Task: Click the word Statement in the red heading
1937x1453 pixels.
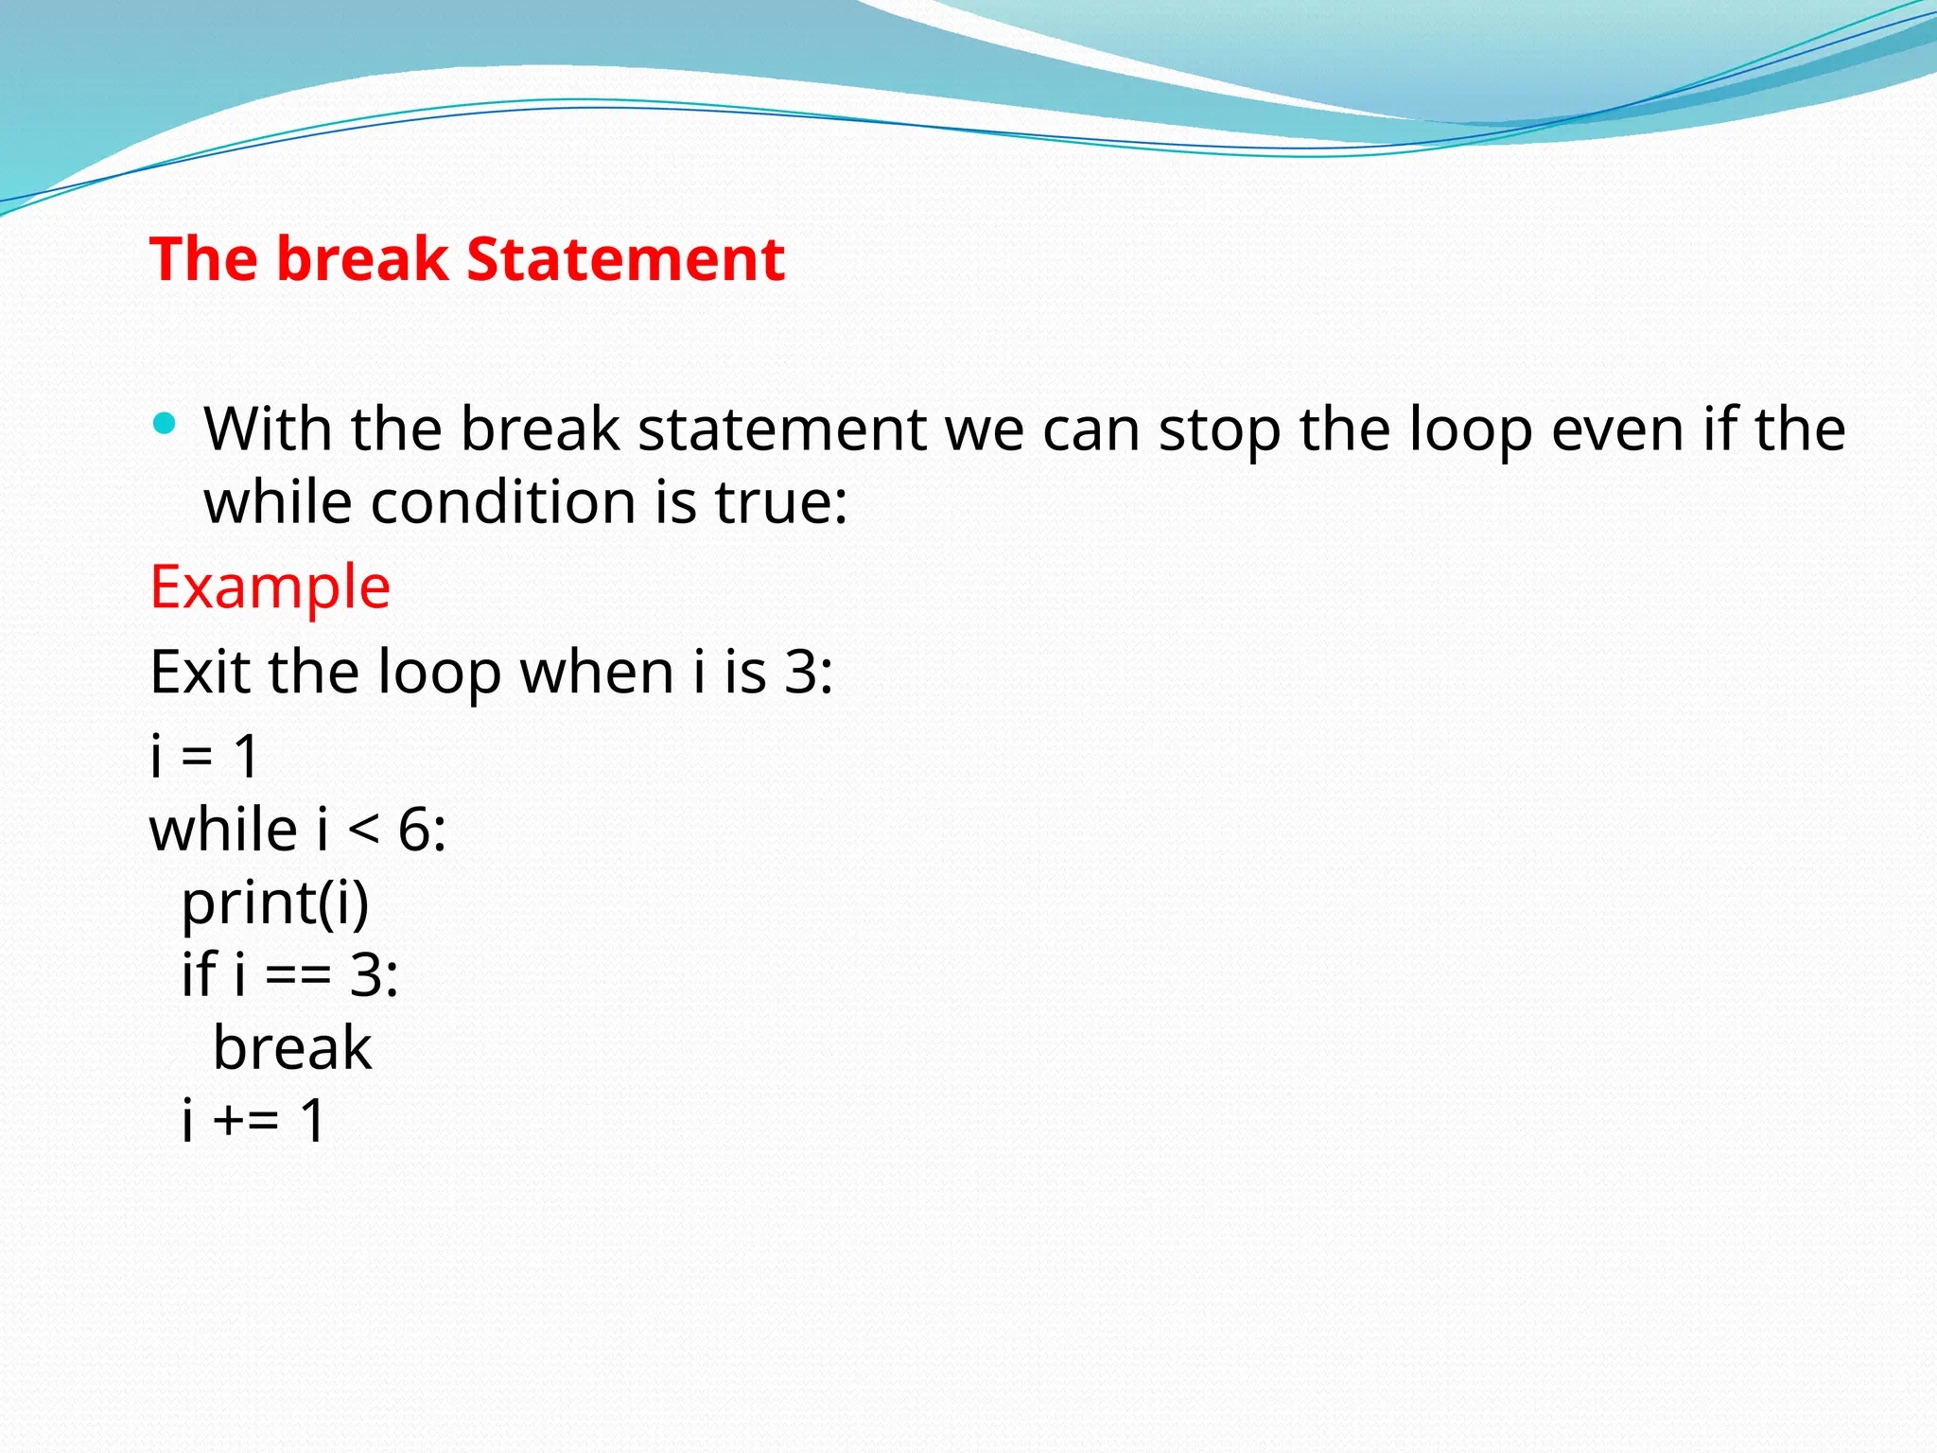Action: [x=625, y=259]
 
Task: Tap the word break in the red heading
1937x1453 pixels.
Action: [x=362, y=259]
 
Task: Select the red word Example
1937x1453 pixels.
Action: [x=270, y=587]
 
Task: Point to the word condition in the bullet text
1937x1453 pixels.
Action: [x=503, y=502]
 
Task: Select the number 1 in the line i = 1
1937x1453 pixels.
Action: [x=246, y=757]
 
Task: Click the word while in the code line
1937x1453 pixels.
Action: [x=224, y=831]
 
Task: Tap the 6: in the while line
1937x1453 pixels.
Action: [x=422, y=831]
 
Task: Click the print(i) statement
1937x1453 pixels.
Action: [x=275, y=903]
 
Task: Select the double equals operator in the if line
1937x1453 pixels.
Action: [x=297, y=976]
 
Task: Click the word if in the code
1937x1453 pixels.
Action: [x=199, y=974]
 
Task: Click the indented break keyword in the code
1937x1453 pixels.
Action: [x=292, y=1048]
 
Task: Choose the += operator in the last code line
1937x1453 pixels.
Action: [x=246, y=1121]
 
